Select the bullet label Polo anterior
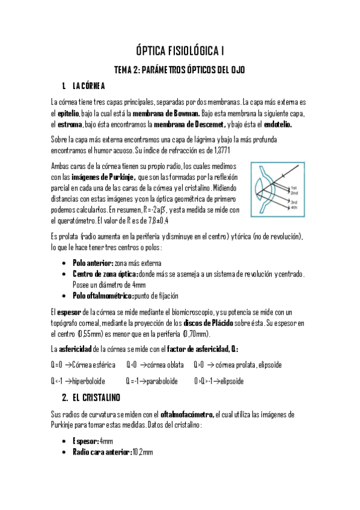pyautogui.click(x=93, y=263)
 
